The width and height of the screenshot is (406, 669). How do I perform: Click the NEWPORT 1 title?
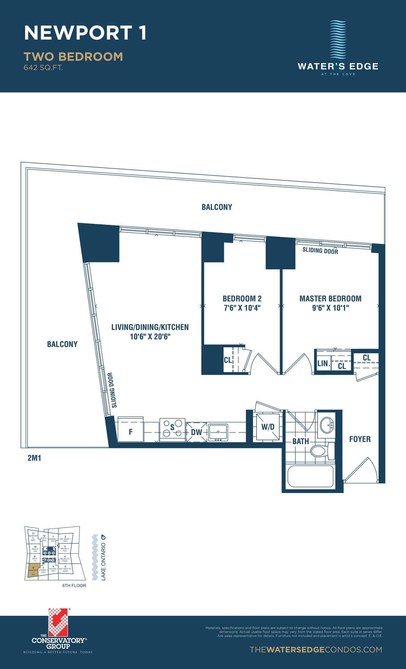(x=85, y=33)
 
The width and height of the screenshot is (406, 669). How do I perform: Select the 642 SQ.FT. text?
(x=43, y=68)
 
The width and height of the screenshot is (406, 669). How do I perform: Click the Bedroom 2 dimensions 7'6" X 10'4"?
(x=242, y=308)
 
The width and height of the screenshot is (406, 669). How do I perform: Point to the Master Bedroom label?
(x=330, y=299)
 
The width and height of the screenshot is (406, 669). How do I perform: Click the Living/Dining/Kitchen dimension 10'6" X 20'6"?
(x=150, y=337)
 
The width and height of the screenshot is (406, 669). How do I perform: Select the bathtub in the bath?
(x=310, y=476)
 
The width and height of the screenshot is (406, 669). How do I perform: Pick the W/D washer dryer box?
(x=268, y=427)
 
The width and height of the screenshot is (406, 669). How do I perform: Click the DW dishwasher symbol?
(x=196, y=432)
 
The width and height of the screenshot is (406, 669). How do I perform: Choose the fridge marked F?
(x=131, y=432)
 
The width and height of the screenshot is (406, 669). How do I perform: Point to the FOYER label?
(x=360, y=439)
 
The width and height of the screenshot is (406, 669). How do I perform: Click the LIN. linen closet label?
(x=323, y=364)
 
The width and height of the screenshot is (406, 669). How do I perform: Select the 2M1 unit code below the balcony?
(x=35, y=458)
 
